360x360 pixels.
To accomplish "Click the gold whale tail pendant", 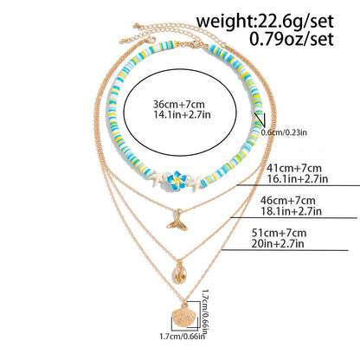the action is tap(177, 221).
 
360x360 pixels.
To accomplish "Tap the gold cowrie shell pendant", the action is tap(179, 273).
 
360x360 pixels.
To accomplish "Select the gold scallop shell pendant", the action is tap(183, 316).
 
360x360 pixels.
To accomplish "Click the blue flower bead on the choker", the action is tap(177, 180).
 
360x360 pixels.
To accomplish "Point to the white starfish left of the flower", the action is tap(157, 178).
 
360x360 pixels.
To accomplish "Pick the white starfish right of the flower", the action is tap(194, 182).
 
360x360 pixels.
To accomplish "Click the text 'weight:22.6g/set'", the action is tap(265, 21).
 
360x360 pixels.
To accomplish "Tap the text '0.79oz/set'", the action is tap(292, 39).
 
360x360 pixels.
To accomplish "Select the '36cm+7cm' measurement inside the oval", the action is tap(179, 104).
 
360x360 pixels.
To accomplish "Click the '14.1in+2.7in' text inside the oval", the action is tap(182, 114).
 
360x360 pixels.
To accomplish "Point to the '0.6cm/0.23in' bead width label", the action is tap(284, 132).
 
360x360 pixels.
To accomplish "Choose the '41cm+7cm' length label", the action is tap(294, 168).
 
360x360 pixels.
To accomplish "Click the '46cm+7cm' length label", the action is tap(287, 200).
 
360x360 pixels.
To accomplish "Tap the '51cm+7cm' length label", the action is tap(279, 233).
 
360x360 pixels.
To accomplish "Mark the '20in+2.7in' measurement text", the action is tap(278, 244).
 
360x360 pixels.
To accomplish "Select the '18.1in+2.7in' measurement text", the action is tap(291, 211).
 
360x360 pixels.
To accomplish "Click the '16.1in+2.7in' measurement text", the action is tap(298, 179).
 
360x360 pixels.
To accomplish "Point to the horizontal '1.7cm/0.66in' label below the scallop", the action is tap(183, 336).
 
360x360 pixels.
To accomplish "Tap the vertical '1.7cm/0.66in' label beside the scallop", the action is tap(205, 312).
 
